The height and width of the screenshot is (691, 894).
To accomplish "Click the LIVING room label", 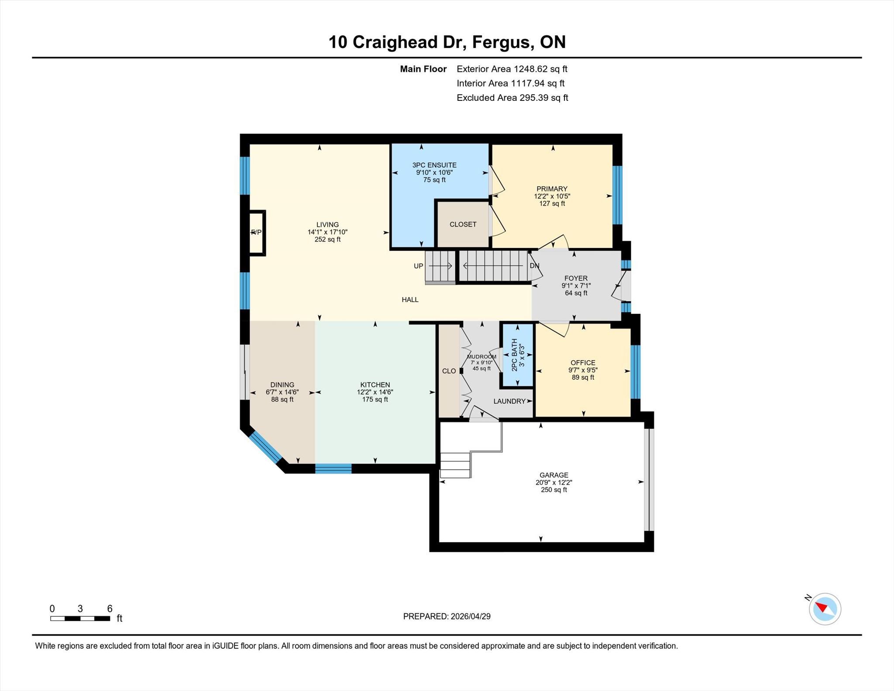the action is click(x=327, y=225).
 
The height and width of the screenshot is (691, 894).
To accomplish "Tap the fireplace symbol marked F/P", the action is click(x=257, y=233).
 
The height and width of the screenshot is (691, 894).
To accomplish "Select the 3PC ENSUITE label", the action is click(x=434, y=165).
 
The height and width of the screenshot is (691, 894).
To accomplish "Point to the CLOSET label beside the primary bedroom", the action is click(x=463, y=224).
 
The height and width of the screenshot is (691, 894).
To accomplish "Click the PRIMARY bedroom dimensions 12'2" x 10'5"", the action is click(x=552, y=196).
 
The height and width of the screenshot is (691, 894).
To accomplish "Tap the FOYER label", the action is click(x=576, y=278).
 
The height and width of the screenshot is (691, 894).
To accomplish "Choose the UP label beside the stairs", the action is click(x=418, y=266).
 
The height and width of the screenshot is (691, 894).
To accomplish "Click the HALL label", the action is click(x=410, y=299).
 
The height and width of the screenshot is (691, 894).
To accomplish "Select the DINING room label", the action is click(x=282, y=385).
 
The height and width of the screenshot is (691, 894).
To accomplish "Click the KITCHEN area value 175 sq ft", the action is click(x=375, y=399).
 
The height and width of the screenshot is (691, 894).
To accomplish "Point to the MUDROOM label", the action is click(x=481, y=357).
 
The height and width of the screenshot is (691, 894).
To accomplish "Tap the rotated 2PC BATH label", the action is click(x=514, y=355).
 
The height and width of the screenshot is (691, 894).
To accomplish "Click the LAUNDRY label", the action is click(x=509, y=401).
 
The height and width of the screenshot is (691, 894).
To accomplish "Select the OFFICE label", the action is click(x=583, y=363).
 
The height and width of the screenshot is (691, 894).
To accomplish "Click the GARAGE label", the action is click(x=554, y=475).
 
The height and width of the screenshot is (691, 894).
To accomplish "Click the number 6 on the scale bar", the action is click(x=110, y=608).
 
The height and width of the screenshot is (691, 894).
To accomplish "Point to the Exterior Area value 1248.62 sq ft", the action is click(x=540, y=69).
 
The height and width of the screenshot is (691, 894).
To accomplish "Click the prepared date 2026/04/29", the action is click(x=471, y=616).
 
